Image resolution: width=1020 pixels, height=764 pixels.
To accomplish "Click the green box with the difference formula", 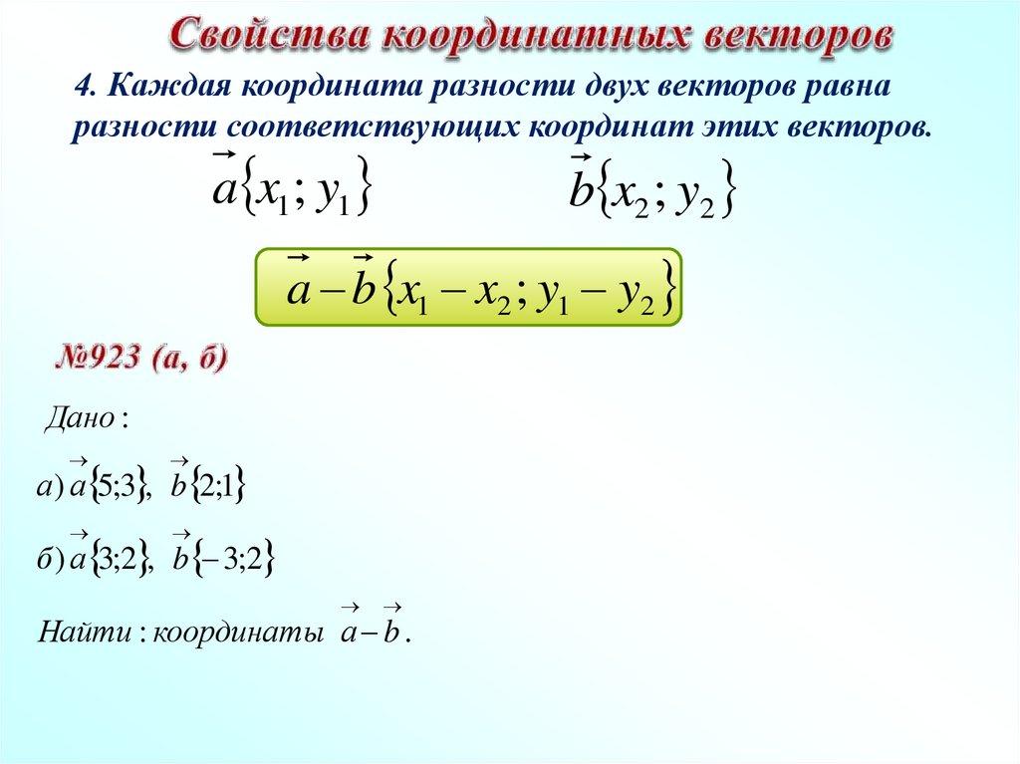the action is click(468, 286).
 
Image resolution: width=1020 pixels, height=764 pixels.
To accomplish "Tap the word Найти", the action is click(85, 631).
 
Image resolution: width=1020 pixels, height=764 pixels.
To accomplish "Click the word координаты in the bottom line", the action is click(238, 633).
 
